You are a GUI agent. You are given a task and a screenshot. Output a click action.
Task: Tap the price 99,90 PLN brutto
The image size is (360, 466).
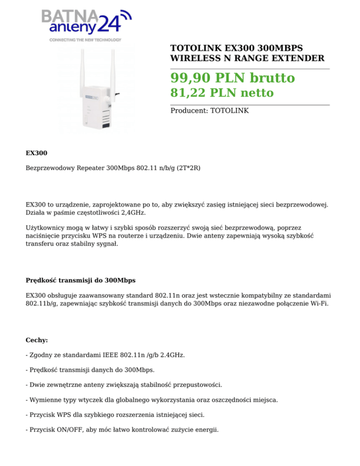pos(232,78)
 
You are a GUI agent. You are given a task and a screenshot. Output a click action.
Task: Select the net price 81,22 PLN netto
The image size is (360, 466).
pos(222,93)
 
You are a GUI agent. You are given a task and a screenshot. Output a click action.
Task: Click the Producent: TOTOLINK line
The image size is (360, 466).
pos(210,111)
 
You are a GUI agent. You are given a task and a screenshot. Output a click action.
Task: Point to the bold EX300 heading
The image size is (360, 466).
pos(36,153)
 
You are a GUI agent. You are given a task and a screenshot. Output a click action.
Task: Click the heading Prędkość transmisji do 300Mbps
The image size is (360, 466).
pos(81,281)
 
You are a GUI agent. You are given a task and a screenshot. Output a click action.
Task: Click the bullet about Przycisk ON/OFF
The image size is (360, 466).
pos(123,428)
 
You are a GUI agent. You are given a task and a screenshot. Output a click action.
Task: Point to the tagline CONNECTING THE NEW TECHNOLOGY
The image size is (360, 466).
pos(85,40)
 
